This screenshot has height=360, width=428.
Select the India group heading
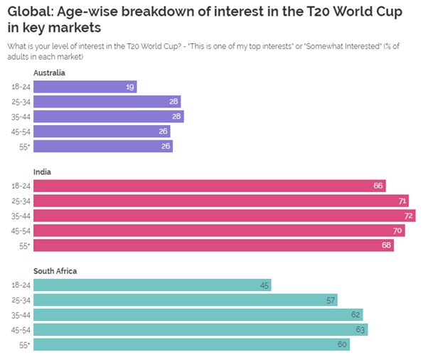coord(42,171)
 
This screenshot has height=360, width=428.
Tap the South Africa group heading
coord(55,271)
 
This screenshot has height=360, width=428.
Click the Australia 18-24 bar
coord(85,87)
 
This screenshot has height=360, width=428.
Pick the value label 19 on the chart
coord(129,87)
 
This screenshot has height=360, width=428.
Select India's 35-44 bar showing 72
coord(224,216)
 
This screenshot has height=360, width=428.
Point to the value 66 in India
coord(378,186)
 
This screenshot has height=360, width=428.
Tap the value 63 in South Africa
coord(360,329)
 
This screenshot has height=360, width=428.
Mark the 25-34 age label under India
coord(20,201)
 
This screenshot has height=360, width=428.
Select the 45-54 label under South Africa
coord(20,329)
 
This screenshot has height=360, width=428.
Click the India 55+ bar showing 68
coord(213,245)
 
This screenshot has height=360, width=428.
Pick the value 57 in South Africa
coord(331,300)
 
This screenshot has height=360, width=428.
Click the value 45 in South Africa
coord(264,285)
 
